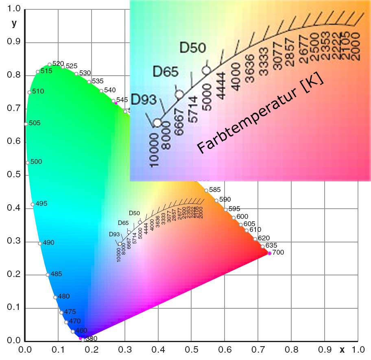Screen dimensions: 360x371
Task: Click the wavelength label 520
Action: (58, 63)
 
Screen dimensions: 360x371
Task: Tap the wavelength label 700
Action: (278, 252)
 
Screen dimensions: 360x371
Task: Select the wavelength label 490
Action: (48, 242)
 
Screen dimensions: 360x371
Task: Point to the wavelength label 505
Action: (35, 123)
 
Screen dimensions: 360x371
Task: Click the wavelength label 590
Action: (225, 199)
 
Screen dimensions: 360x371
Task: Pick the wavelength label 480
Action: (64, 296)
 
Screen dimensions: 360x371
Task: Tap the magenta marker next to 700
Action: (269, 253)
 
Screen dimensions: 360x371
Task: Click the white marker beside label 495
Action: (33, 205)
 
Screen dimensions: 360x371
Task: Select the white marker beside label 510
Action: (29, 92)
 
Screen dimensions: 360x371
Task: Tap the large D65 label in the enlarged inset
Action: (166, 72)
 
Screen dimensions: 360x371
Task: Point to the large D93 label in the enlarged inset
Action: (144, 99)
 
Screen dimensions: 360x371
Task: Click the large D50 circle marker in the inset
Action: (206, 70)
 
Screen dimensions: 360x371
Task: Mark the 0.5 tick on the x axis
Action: (191, 349)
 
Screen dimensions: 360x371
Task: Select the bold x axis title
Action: (342, 349)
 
